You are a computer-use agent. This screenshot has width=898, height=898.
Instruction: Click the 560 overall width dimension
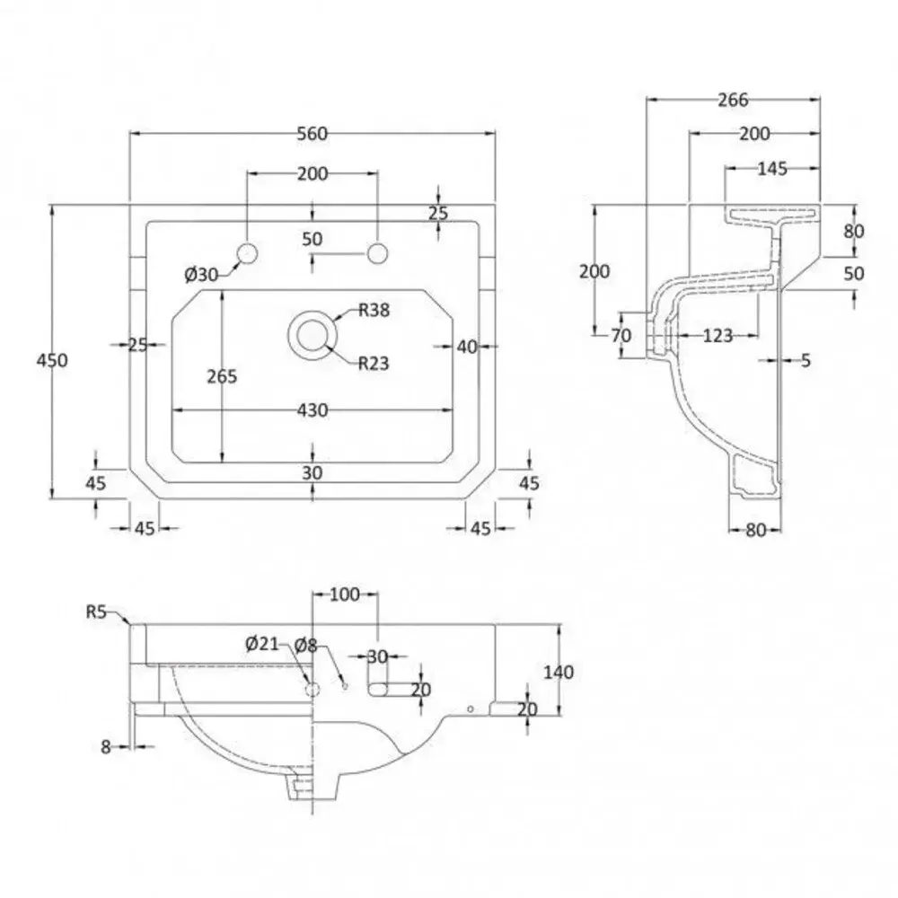click(x=312, y=134)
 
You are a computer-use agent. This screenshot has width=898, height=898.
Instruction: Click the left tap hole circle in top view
click(x=247, y=252)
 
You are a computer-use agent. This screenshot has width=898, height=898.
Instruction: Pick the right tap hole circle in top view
click(x=376, y=252)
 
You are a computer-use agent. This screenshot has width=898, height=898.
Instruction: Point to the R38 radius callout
click(x=372, y=312)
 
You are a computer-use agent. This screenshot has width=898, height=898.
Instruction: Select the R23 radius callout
click(x=372, y=363)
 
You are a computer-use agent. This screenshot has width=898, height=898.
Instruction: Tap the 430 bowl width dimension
click(x=312, y=409)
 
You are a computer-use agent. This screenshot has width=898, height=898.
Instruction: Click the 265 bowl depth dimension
click(x=221, y=376)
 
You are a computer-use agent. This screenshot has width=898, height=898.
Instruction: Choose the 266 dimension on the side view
click(x=733, y=100)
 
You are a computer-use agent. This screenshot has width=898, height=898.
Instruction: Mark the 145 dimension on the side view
click(x=771, y=168)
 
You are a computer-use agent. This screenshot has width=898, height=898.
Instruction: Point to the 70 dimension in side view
click(x=621, y=336)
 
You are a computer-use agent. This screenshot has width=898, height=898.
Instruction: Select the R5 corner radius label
click(x=97, y=612)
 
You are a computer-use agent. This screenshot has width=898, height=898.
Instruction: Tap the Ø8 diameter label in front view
click(x=306, y=643)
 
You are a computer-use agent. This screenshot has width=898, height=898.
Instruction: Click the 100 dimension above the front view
click(x=344, y=594)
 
